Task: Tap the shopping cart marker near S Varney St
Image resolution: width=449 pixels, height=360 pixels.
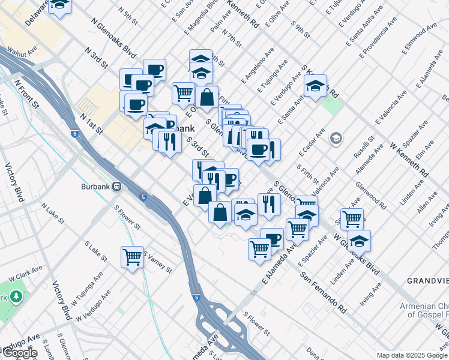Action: (132, 258)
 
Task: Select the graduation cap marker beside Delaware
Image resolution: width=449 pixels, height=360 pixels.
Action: (59, 5)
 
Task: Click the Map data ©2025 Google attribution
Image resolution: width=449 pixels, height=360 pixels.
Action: (411, 355)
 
